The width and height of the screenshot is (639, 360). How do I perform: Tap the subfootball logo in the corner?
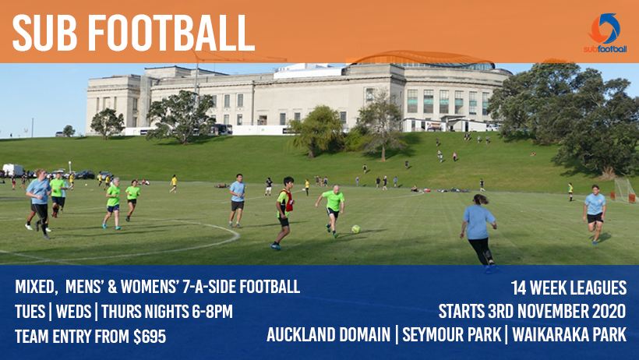tap(605, 33)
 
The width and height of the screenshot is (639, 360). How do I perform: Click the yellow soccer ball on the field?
tap(355, 229)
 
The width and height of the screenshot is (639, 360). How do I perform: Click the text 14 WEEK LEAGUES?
tap(568, 287)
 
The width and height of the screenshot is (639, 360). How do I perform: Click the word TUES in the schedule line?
tap(31, 312)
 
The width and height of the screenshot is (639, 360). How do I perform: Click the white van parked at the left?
tap(12, 170)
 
